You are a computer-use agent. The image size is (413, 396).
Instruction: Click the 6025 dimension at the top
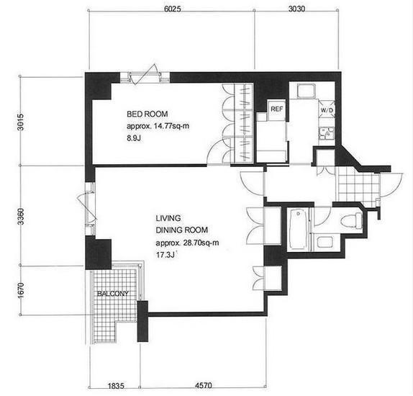pyautogui.click(x=172, y=9)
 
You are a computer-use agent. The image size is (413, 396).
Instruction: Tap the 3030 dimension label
pyautogui.click(x=296, y=9)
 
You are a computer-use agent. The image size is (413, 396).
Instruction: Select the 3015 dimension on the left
pyautogui.click(x=20, y=122)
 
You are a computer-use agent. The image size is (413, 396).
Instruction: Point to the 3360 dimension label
pyautogui.click(x=20, y=217)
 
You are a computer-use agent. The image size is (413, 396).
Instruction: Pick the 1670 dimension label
pyautogui.click(x=20, y=290)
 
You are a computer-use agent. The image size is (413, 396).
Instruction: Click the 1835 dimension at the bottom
pyautogui.click(x=116, y=386)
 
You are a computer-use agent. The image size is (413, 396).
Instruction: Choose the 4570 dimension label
pyautogui.click(x=204, y=385)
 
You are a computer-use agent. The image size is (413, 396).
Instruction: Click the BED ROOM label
pyautogui.click(x=147, y=114)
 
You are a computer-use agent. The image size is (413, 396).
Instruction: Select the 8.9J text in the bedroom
pyautogui.click(x=134, y=138)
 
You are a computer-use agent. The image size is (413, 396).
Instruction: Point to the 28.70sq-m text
pyautogui.click(x=201, y=243)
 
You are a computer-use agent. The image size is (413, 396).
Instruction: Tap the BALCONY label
pyautogui.click(x=113, y=294)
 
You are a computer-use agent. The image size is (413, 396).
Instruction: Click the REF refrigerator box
pyautogui.click(x=276, y=109)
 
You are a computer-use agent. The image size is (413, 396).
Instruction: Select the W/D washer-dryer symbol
pyautogui.click(x=327, y=109)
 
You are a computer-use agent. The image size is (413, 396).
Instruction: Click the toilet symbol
pyautogui.click(x=352, y=220)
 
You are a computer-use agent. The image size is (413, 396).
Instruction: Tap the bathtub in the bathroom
pyautogui.click(x=299, y=229)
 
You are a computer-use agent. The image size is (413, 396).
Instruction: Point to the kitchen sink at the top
pyautogui.click(x=306, y=91)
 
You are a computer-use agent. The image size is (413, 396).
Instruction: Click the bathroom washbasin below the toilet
pyautogui.click(x=324, y=242)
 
